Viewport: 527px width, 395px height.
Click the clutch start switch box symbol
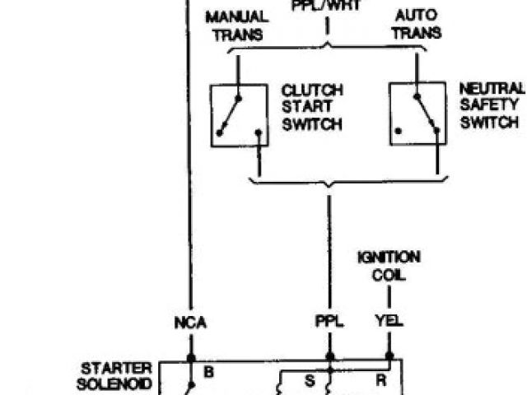tap(240, 115)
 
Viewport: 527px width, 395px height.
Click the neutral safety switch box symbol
tap(417, 115)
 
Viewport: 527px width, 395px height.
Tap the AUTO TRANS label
tap(417, 25)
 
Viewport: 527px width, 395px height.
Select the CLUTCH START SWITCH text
tap(312, 106)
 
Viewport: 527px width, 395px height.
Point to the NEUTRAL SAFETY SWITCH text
tap(491, 105)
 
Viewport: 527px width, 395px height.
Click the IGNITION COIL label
tap(389, 266)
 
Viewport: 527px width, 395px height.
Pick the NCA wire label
tap(190, 322)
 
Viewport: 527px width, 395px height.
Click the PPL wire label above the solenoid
tap(329, 322)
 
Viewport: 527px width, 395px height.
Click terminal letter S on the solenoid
tap(310, 381)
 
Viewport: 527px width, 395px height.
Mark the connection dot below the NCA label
tap(190, 359)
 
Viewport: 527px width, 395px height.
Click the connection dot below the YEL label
tap(389, 359)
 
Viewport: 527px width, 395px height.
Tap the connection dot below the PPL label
tap(329, 359)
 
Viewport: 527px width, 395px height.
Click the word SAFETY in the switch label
tap(491, 105)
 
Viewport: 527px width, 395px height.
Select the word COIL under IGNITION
tap(389, 275)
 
